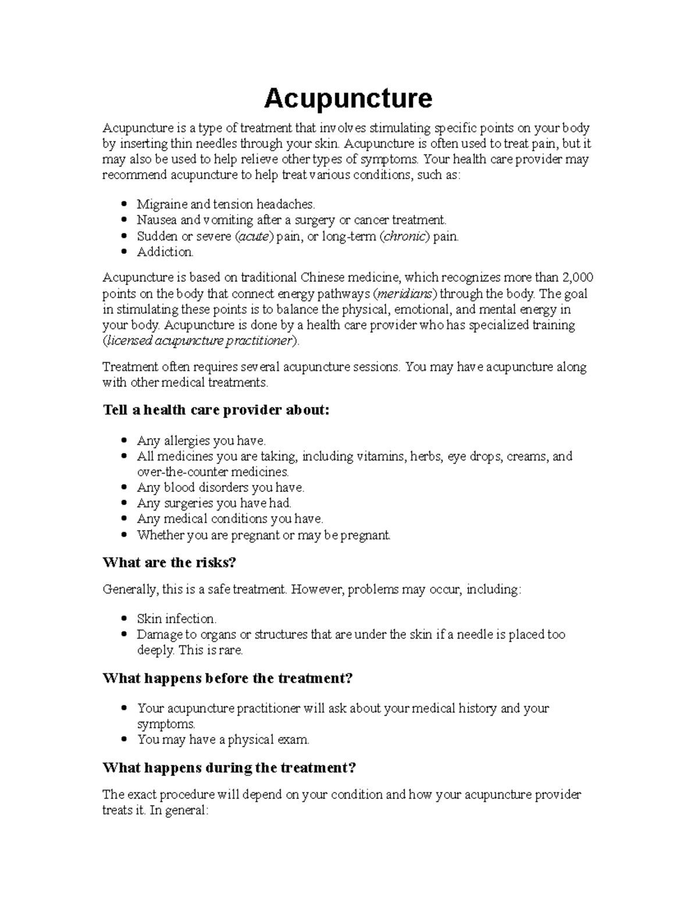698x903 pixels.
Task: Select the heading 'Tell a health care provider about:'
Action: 216,410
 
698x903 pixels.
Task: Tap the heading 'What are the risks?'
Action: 169,562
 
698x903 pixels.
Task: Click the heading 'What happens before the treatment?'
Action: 227,678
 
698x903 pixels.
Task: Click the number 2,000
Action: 579,277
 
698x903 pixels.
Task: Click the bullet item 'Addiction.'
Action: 165,252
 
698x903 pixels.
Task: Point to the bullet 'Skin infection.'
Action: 176,619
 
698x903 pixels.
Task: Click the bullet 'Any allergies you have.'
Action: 201,441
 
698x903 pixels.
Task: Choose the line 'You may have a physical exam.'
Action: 223,740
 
